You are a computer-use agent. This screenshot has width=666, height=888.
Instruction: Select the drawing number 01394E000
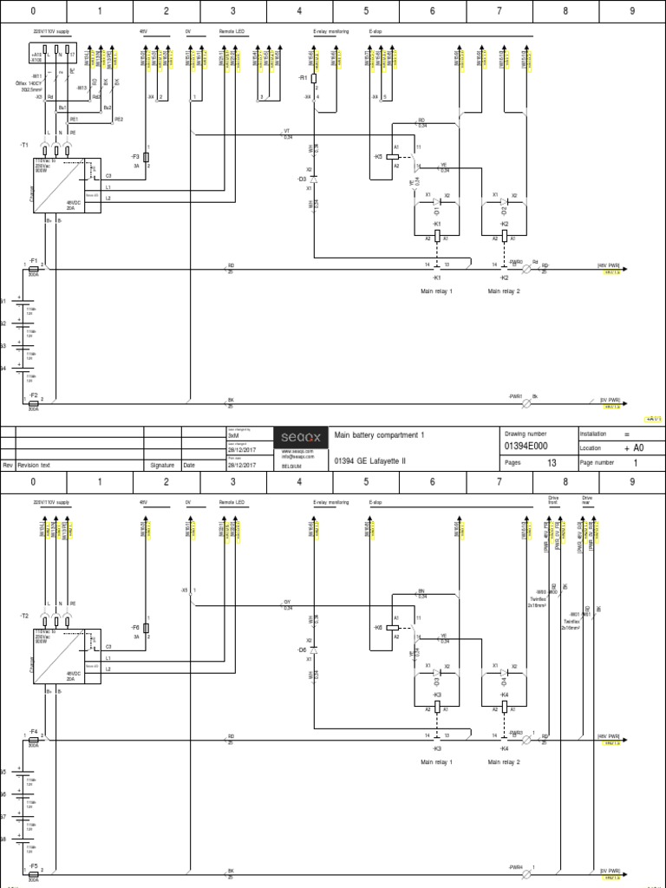526,446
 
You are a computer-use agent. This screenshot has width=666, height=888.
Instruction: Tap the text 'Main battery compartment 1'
380,434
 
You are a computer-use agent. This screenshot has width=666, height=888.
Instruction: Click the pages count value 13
552,464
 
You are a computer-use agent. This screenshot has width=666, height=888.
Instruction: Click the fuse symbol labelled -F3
147,157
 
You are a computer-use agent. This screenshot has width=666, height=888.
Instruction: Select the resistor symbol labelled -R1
315,78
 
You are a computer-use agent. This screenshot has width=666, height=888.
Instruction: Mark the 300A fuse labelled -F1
34,268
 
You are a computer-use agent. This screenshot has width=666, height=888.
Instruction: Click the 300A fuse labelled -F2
34,402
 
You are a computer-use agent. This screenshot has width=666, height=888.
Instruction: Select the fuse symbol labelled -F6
147,627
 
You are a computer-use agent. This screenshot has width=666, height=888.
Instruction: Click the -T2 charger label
24,615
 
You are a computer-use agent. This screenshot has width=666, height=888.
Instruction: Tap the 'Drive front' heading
553,501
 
